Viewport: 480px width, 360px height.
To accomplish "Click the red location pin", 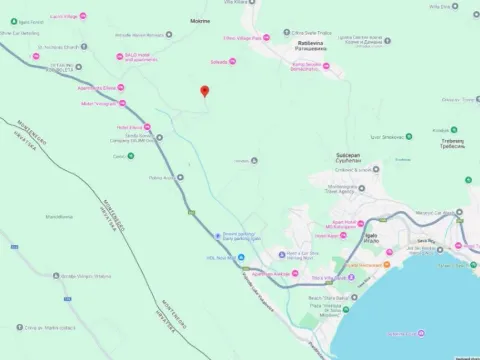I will (x=205, y=92).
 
